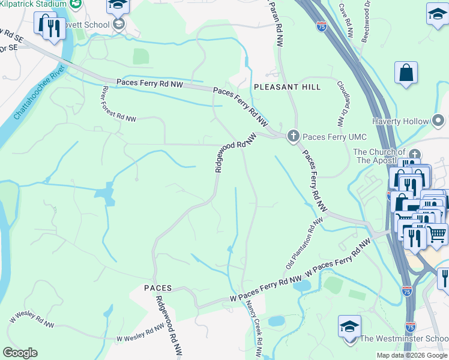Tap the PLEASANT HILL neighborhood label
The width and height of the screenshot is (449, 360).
[x=287, y=87]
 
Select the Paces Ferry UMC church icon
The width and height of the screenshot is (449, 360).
[x=294, y=136]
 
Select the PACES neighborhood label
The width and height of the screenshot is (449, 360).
[x=158, y=288]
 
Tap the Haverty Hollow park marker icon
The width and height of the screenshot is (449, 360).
[x=439, y=121]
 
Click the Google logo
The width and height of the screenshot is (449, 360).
[x=20, y=353]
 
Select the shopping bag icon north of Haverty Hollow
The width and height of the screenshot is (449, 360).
[x=406, y=73]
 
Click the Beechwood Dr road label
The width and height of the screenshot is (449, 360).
[x=366, y=21]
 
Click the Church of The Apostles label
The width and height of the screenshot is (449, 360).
[x=379, y=157]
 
